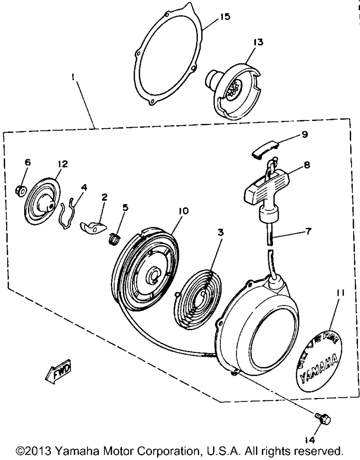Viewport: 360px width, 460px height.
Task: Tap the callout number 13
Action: pos(258,42)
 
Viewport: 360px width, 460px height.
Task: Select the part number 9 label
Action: pos(304,135)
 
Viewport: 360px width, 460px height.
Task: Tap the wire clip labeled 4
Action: pos(68,213)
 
